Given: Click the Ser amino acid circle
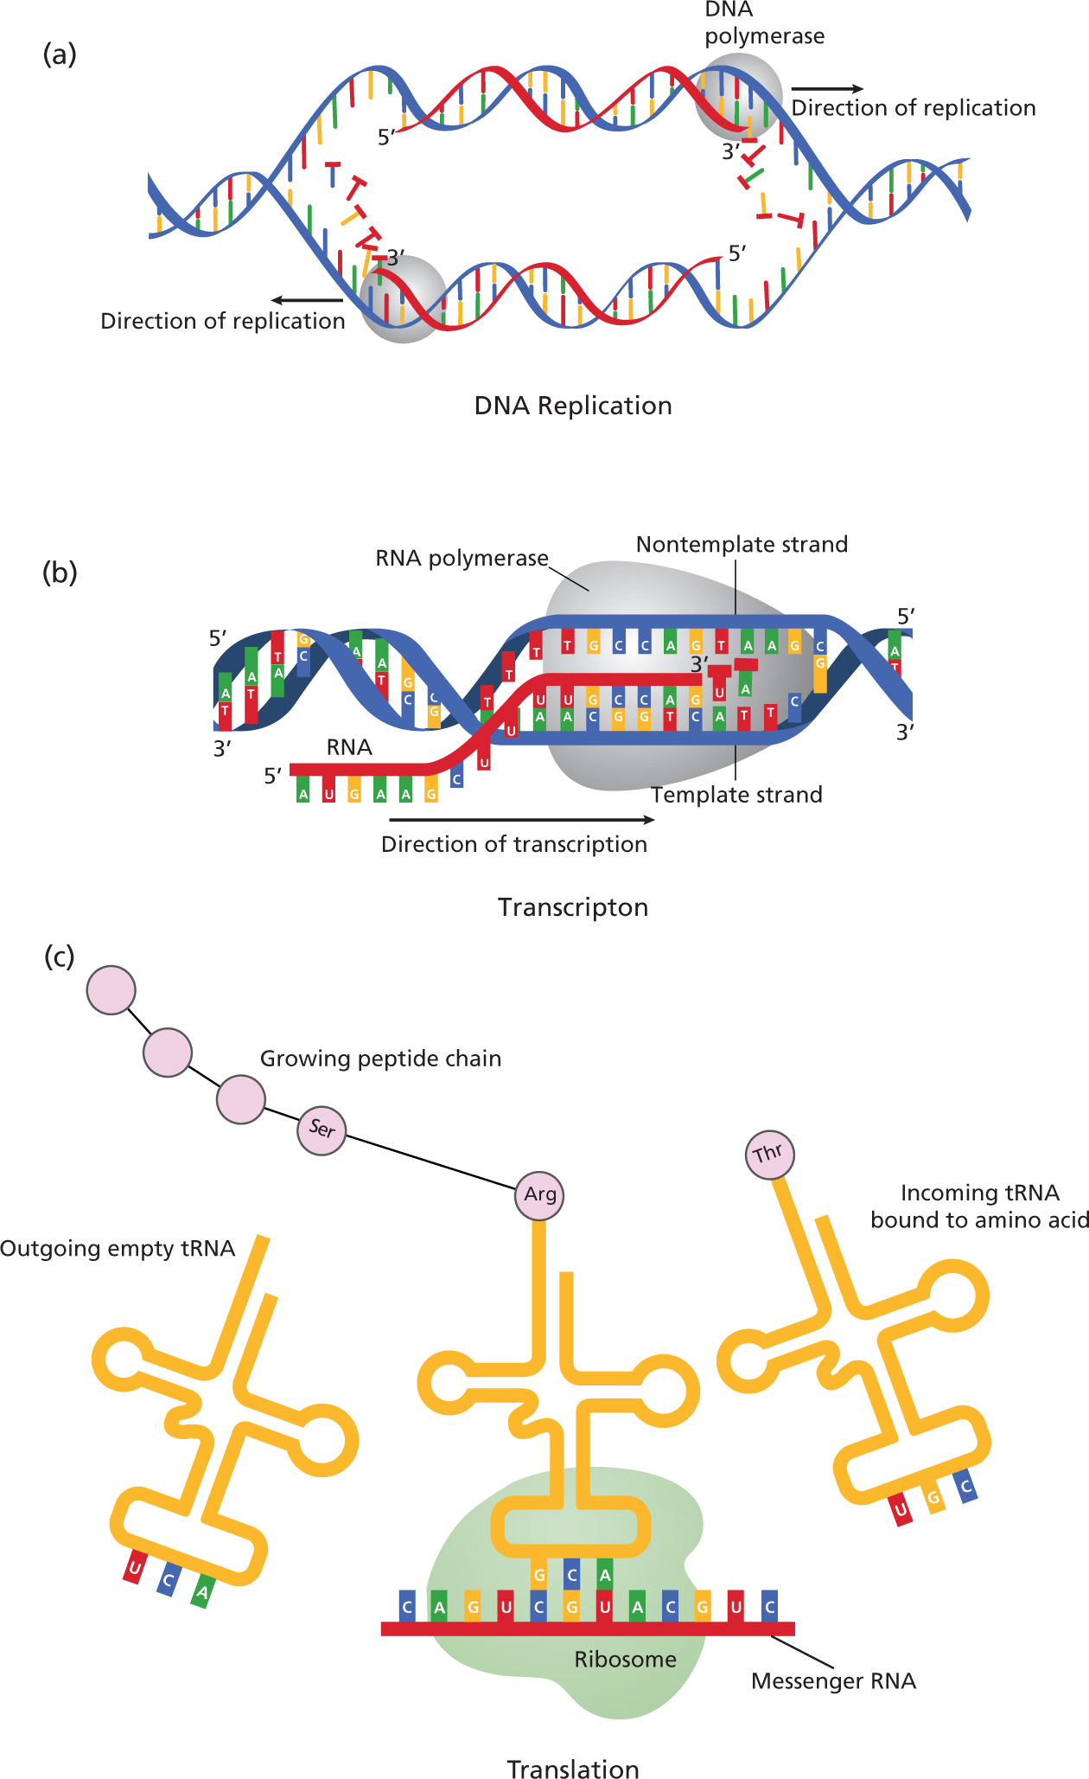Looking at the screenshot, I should (322, 1129).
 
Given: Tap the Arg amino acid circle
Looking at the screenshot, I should (539, 1195).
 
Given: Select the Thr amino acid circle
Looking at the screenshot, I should (768, 1155).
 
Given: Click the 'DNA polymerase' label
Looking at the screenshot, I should (764, 23).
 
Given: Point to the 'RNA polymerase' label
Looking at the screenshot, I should (462, 559).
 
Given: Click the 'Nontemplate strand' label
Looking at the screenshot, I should (742, 545).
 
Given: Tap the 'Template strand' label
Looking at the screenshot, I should (736, 795).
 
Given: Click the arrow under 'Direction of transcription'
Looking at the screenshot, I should (522, 820).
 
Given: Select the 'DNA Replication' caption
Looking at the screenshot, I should (573, 406).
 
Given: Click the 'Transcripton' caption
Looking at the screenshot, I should (573, 907).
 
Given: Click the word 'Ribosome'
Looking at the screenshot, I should (625, 1659).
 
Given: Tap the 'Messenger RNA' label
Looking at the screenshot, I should (833, 1680).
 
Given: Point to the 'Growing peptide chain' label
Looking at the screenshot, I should (380, 1059).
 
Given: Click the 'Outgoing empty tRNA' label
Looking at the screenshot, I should (118, 1249).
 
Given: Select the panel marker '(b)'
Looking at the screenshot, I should (60, 573).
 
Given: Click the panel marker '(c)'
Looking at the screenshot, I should (60, 957).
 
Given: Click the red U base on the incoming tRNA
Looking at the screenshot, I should (901, 1510).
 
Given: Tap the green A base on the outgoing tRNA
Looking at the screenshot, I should (201, 1591).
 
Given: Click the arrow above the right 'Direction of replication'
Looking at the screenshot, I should (827, 88).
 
